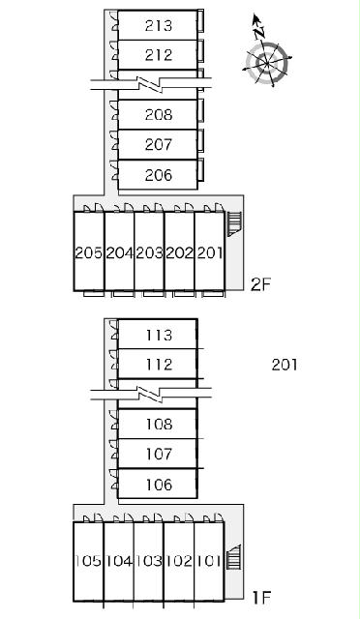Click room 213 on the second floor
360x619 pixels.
[x=158, y=25]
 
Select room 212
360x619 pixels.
[x=158, y=54]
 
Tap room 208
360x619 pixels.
[x=158, y=114]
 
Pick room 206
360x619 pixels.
[x=158, y=174]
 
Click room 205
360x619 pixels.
[x=89, y=251]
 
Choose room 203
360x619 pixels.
[x=149, y=251]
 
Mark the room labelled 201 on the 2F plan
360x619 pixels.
[x=209, y=251]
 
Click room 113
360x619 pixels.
[x=158, y=334]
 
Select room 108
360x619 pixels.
[x=158, y=424]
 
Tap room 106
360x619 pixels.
[x=158, y=484]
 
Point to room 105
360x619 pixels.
[x=88, y=561]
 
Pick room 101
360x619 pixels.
[x=209, y=561]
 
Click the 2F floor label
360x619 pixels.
[x=261, y=284]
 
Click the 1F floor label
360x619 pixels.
[x=262, y=598]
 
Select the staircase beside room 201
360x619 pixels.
[x=234, y=223]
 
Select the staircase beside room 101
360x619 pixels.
[x=234, y=557]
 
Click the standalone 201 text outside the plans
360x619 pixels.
[x=285, y=365]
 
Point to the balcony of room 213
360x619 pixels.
[x=200, y=21]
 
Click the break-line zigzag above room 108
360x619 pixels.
[x=150, y=395]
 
